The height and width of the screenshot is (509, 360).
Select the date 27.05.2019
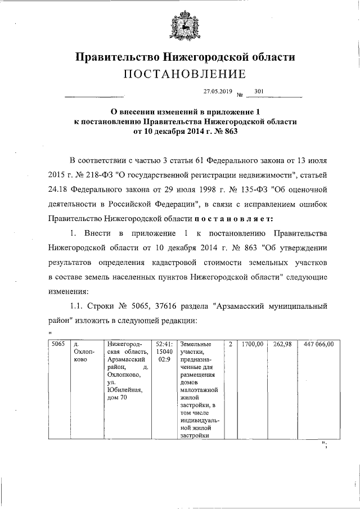(x=217, y=91)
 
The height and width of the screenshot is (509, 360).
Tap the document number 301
(x=259, y=91)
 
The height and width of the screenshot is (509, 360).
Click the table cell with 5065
(x=58, y=344)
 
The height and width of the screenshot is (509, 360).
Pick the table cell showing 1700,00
(x=253, y=344)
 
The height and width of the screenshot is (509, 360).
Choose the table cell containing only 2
(x=231, y=344)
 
